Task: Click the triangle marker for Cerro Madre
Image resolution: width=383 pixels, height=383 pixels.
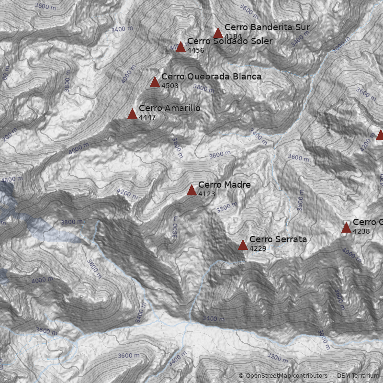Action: [x=191, y=191]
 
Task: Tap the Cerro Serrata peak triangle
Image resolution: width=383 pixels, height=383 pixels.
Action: [x=243, y=245]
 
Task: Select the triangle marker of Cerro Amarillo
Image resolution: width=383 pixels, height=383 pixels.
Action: [x=132, y=114]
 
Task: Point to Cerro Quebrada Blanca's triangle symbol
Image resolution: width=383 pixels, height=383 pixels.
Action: [x=155, y=82]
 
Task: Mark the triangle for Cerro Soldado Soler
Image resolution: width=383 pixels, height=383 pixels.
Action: [x=180, y=47]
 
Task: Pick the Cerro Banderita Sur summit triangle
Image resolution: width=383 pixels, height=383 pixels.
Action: [x=218, y=33]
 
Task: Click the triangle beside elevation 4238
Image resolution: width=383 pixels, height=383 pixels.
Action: [x=346, y=228]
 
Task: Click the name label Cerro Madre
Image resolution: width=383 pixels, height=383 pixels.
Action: [x=224, y=185]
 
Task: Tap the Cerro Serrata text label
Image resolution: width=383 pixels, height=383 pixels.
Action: [x=278, y=239]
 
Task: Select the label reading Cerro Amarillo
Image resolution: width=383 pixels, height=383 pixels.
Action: [x=169, y=108]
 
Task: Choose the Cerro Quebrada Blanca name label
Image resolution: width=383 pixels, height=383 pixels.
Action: [x=211, y=77]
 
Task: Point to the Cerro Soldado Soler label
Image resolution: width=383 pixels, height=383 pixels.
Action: [x=229, y=41]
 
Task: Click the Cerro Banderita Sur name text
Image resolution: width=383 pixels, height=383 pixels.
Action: [x=267, y=27]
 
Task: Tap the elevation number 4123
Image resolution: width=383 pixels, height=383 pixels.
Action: [x=206, y=194]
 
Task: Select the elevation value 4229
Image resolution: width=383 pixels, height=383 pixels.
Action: [x=258, y=248]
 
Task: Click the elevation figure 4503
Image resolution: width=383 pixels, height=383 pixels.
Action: [x=169, y=86]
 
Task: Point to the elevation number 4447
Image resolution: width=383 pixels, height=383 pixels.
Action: [x=147, y=117]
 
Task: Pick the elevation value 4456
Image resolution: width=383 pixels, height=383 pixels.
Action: [x=195, y=50]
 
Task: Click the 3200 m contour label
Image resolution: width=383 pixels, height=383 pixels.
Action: [x=278, y=358]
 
